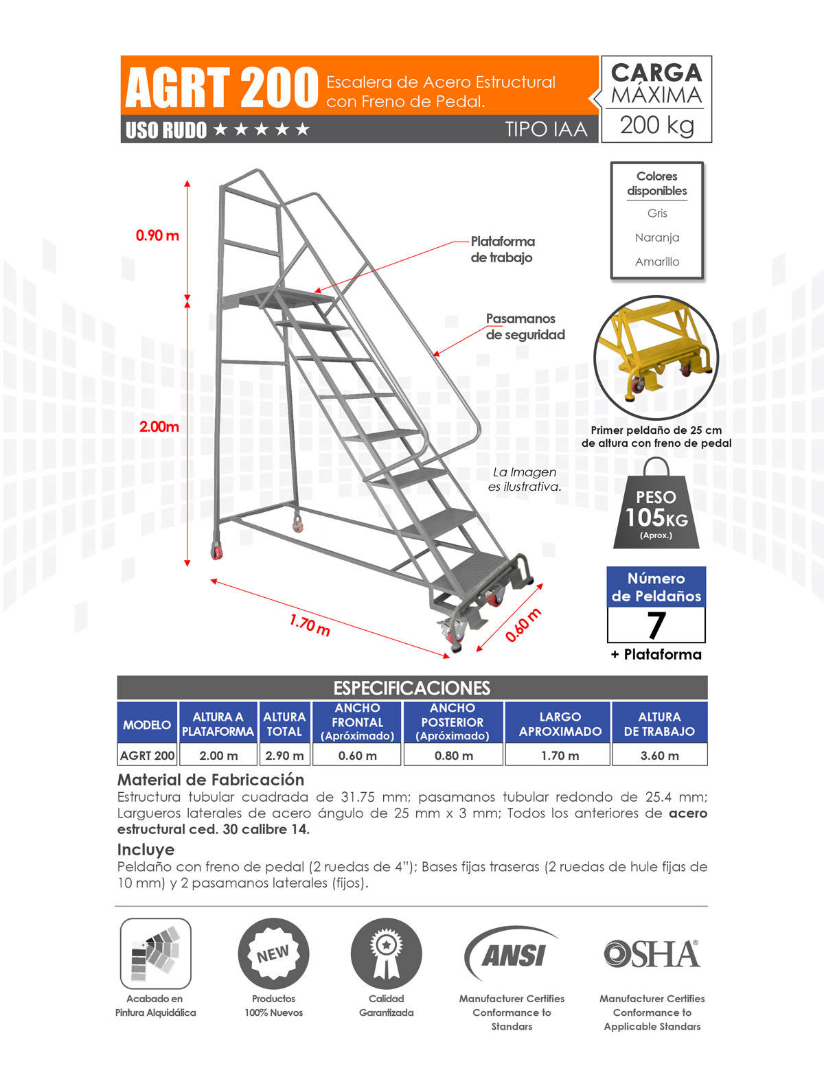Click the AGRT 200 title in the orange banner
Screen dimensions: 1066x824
pos(221,88)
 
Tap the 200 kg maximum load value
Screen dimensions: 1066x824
pos(656,125)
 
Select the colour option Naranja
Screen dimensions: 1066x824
pos(657,237)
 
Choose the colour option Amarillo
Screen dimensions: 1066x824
pos(657,262)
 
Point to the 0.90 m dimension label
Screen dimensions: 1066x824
pos(157,235)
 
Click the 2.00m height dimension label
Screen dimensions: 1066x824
pos(159,426)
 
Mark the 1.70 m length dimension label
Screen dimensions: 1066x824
pos(310,625)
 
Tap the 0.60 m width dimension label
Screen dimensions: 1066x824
pos(523,625)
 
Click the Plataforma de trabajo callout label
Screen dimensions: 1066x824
pos(502,249)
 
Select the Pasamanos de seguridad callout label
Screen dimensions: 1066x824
pos(525,327)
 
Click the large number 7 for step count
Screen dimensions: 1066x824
pos(656,625)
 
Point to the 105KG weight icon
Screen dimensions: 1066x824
pos(656,508)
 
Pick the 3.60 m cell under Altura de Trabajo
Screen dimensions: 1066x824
pos(659,756)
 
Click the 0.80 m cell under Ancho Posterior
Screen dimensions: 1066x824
pos(453,756)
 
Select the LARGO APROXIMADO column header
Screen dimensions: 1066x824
pos(560,723)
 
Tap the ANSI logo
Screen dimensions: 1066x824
pos(512,954)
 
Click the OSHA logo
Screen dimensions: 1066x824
pos(652,954)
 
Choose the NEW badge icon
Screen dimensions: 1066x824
pos(273,954)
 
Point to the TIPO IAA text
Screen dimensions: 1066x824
pos(546,129)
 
